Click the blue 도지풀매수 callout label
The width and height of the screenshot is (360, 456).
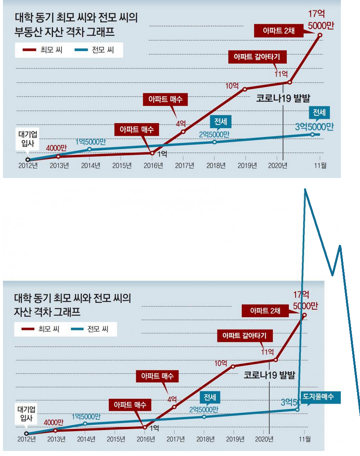pyautogui.click(x=321, y=397)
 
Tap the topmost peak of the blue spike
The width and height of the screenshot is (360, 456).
pyautogui.click(x=306, y=190)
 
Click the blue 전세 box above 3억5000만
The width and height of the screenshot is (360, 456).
pyautogui.click(x=319, y=112)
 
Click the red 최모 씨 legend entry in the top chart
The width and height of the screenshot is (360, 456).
pyautogui.click(x=41, y=51)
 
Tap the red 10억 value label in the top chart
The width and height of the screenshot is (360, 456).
pyautogui.click(x=232, y=86)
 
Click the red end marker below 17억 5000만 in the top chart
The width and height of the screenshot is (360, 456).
pyautogui.click(x=320, y=35)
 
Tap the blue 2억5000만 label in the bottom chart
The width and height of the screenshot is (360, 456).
pyautogui.click(x=204, y=409)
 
